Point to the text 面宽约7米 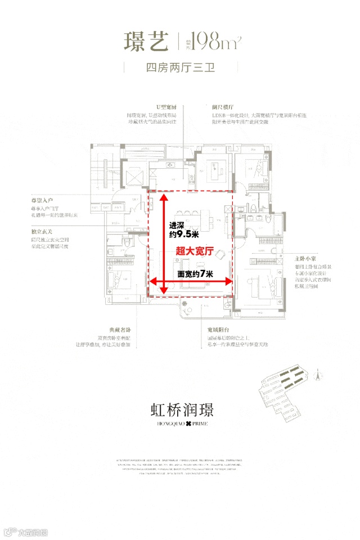[x=195, y=274]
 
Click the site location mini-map [x=281, y=394]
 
